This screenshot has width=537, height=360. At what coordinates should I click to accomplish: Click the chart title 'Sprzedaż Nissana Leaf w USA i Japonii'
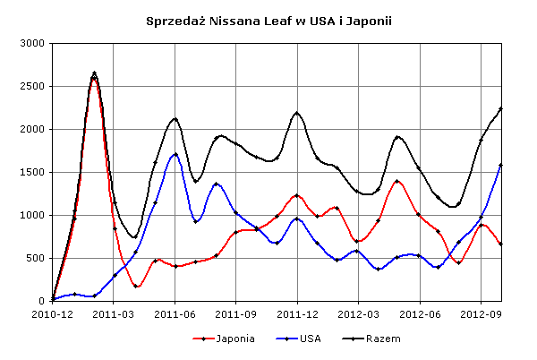click(268, 21)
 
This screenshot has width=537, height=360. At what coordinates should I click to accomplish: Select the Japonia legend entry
click(224, 339)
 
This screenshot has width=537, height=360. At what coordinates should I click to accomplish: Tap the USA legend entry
click(298, 339)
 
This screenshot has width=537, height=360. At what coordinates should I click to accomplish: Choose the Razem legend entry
click(371, 339)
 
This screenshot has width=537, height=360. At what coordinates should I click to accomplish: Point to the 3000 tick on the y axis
click(32, 44)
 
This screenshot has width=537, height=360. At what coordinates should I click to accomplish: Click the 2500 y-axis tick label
click(32, 86)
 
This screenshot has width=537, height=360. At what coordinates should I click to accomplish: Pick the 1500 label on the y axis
click(32, 172)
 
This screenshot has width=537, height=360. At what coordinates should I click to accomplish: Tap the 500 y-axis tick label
click(35, 258)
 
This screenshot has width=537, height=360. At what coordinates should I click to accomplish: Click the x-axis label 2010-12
click(53, 314)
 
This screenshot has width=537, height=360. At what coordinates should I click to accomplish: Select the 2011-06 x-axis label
click(175, 314)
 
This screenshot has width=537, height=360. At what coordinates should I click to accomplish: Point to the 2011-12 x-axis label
click(297, 314)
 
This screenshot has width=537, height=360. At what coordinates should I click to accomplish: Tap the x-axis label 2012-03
click(358, 314)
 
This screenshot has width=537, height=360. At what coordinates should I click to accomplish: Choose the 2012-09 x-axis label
click(481, 314)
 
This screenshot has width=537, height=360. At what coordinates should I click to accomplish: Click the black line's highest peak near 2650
click(95, 73)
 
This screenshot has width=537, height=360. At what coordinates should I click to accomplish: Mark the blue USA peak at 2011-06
click(175, 155)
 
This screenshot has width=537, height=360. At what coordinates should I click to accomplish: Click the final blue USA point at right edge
click(500, 166)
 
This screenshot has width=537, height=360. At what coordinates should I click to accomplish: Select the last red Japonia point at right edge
click(500, 244)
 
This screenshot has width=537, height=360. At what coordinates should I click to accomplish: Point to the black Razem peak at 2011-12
click(297, 113)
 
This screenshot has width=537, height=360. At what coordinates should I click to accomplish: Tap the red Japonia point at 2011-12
click(297, 195)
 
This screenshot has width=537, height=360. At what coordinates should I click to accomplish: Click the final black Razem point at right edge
click(500, 108)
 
